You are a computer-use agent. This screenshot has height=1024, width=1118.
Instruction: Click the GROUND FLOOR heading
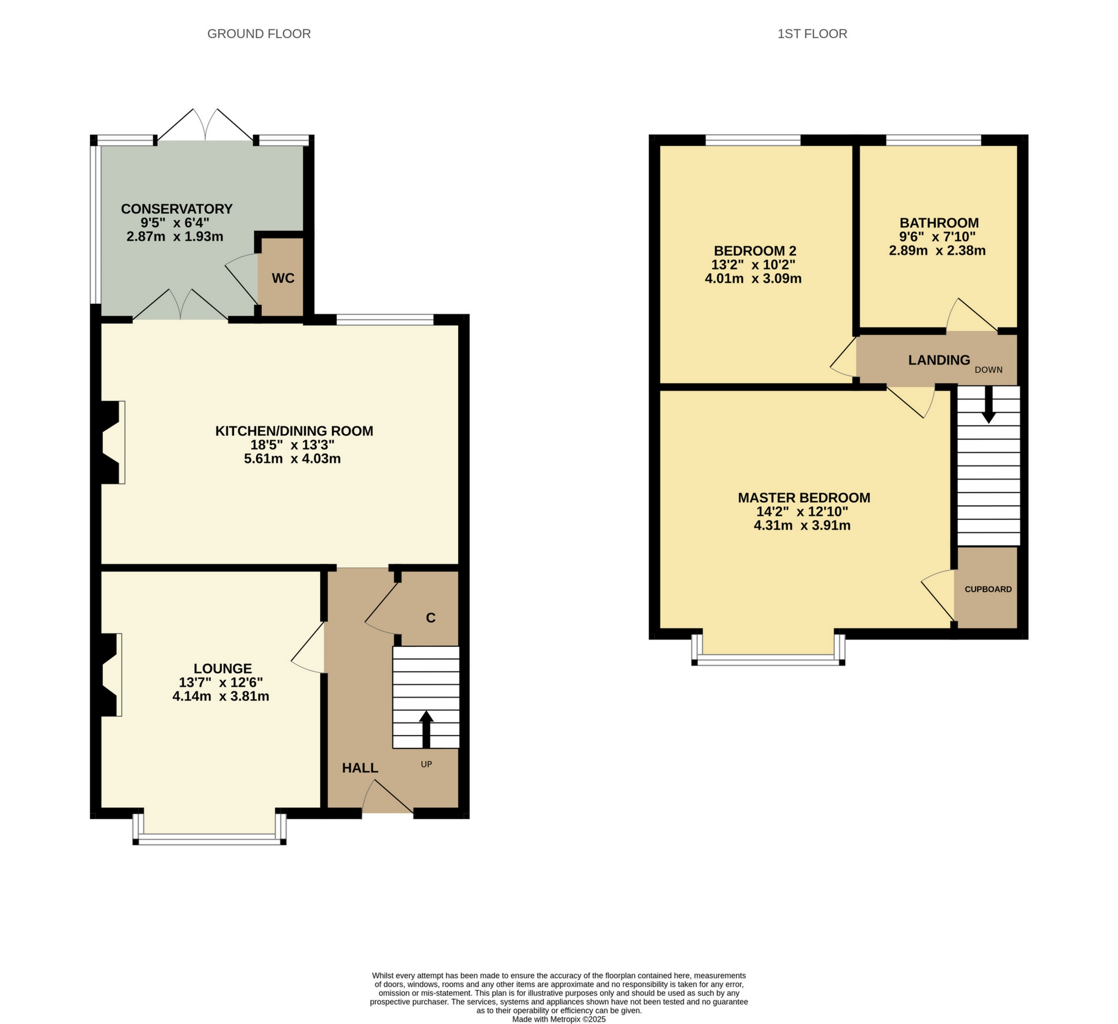258,34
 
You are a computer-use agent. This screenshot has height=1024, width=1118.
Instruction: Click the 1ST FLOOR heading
812,34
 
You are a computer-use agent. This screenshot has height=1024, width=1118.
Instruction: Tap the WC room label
283,278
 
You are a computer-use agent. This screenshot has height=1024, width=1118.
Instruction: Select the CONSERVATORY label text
176,209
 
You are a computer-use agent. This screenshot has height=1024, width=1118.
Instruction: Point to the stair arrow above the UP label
426,729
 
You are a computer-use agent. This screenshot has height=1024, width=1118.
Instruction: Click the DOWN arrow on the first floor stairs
988,405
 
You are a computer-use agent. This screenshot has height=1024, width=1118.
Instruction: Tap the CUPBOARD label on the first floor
988,590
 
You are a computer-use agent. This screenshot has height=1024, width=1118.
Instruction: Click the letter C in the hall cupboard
430,617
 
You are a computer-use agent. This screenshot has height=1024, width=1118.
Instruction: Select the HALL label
360,768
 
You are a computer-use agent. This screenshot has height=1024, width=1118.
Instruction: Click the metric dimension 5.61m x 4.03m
292,459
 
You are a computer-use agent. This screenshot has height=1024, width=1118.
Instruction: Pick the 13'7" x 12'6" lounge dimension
221,682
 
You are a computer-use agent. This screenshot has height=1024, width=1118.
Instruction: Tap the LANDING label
939,360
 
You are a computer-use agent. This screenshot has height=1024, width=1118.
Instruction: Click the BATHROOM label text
939,223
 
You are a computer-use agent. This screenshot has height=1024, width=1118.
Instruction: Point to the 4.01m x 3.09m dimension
753,278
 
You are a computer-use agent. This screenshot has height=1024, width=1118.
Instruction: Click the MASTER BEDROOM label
803,498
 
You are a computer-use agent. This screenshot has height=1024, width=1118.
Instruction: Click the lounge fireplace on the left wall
110,674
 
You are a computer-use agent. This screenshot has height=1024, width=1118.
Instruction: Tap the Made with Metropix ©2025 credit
558,1019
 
